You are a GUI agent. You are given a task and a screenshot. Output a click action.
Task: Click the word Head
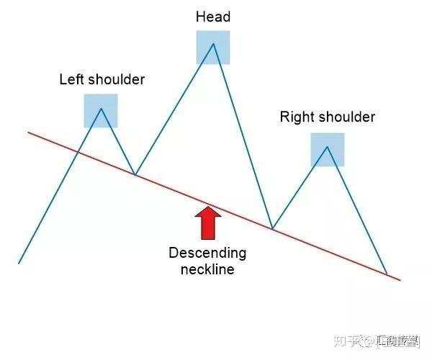click(212, 17)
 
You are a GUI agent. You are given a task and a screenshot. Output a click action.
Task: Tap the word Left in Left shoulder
click(71, 80)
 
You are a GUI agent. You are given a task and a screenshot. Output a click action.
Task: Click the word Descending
click(207, 253)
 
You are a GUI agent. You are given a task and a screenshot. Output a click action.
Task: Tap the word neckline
click(207, 270)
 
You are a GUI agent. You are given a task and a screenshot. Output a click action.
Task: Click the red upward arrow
click(208, 223)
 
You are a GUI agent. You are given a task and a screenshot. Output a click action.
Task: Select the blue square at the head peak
click(213, 48)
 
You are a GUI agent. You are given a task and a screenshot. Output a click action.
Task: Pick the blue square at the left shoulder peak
click(101, 111)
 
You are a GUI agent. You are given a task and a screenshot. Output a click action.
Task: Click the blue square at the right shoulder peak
click(328, 150)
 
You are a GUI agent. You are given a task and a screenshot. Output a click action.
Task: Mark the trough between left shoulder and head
click(135, 174)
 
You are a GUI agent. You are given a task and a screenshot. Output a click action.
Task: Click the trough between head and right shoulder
click(272, 228)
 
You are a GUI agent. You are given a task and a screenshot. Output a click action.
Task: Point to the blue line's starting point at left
click(19, 263)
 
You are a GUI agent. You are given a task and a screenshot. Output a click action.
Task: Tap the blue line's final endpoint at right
click(387, 274)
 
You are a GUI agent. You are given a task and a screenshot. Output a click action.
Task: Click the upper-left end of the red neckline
click(29, 132)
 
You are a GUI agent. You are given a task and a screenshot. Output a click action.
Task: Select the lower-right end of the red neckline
click(400, 279)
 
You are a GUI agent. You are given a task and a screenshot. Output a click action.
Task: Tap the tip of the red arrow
click(208, 208)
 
